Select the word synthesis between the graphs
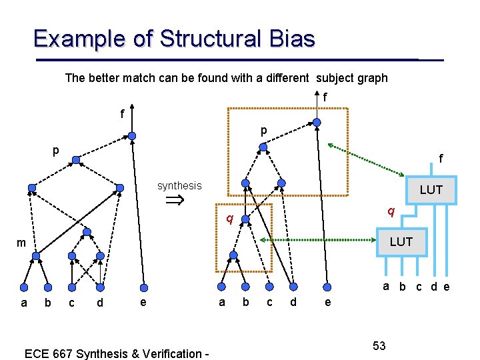tap(179, 186)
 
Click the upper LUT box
tap(431, 189)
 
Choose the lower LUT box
tap(401, 241)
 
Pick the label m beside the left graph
tap(21, 243)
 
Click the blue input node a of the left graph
tap(24, 287)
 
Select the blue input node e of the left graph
tap(143, 288)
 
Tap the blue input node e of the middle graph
tap(327, 288)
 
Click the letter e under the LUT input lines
tap(446, 287)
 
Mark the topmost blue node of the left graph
tap(132, 136)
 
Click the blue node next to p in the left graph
tap(76, 160)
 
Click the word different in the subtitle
tap(285, 78)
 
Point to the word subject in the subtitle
tap(336, 78)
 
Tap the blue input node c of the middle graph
tap(268, 288)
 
